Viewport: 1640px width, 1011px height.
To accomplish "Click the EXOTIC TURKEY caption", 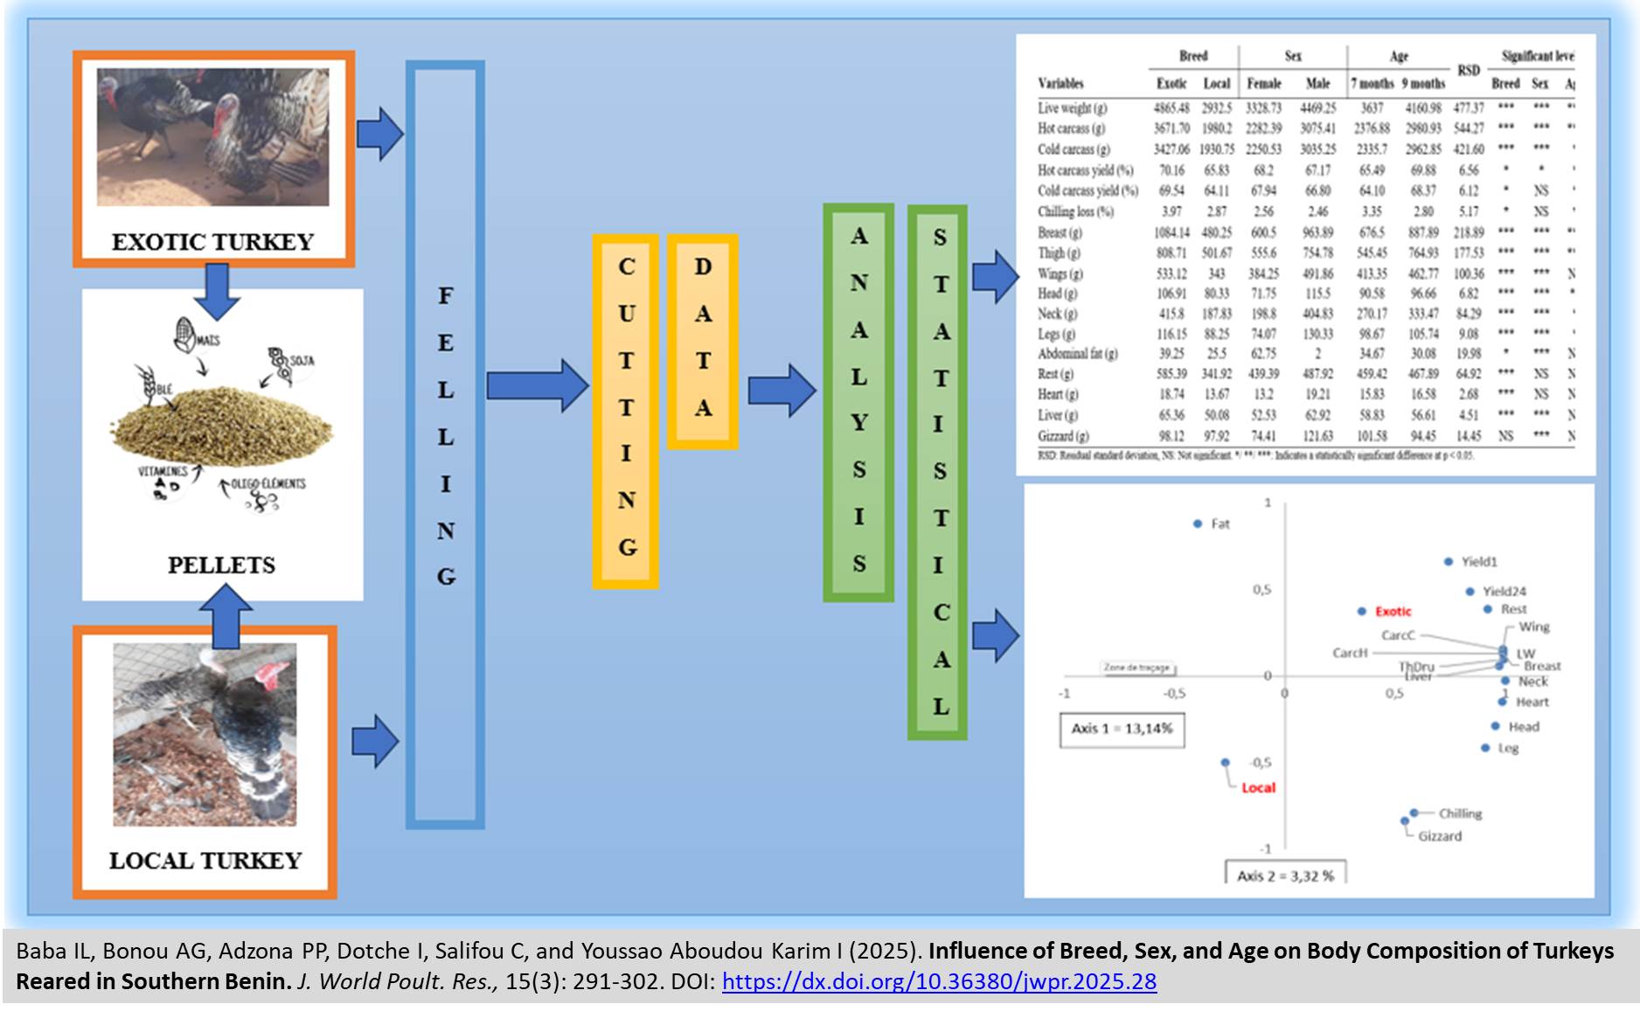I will [x=212, y=242].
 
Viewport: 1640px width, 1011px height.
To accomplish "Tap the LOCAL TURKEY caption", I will [x=205, y=861].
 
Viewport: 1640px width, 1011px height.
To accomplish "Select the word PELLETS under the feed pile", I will [x=221, y=565].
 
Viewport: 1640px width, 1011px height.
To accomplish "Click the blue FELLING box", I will [x=445, y=444].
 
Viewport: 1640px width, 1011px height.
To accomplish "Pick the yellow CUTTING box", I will [x=626, y=410].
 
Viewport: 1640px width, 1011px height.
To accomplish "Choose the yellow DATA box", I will [x=703, y=341].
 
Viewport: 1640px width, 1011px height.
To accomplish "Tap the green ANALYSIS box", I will [x=858, y=402].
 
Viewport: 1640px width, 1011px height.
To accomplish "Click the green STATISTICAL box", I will [x=938, y=472].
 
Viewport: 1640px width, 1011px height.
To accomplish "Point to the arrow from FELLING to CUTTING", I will [x=537, y=385].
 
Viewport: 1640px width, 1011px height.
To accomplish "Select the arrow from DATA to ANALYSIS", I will [x=781, y=390].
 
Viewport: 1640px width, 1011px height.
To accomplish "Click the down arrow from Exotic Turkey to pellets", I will [x=216, y=291].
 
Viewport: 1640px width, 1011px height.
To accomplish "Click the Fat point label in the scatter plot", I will [x=1220, y=524].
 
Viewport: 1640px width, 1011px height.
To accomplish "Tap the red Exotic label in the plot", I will [x=1393, y=612].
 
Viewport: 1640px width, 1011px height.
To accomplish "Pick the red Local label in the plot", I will [x=1258, y=788].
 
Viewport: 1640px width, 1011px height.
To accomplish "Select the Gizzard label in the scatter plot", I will [x=1439, y=836].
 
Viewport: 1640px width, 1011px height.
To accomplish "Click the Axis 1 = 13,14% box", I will [x=1122, y=729].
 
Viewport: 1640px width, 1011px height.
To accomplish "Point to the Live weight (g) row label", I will [x=1072, y=108].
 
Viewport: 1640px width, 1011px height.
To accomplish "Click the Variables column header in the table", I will [x=1060, y=84].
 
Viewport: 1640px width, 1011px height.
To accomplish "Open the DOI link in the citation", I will [x=939, y=982].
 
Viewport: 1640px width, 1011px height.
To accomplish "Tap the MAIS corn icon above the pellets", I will [x=185, y=332].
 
